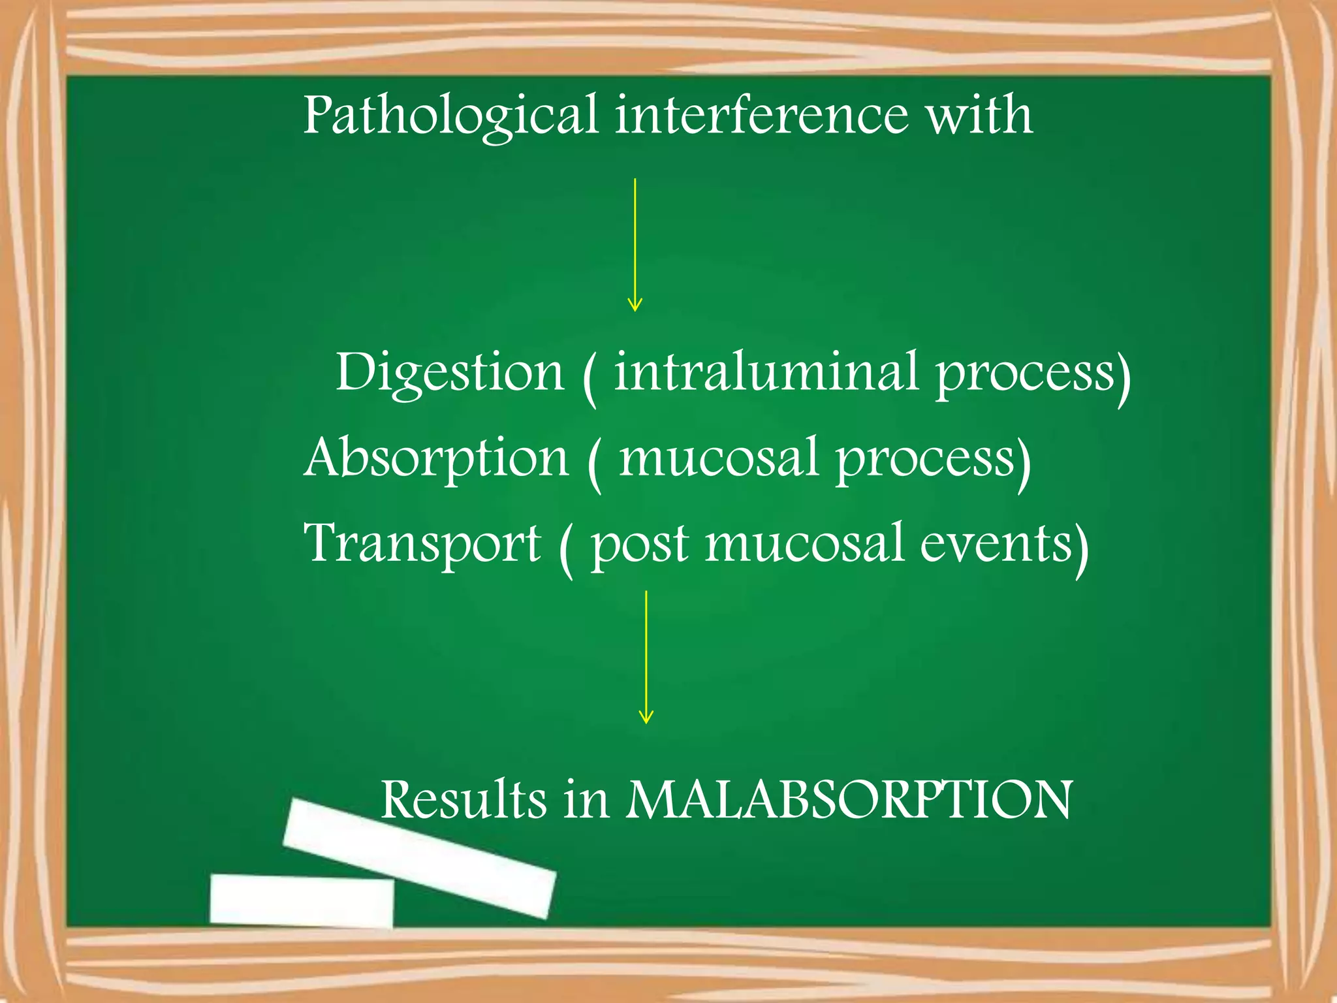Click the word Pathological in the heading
450,116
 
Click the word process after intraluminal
1025,375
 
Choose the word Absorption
436,458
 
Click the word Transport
422,544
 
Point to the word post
639,545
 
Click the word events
996,543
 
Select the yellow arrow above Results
646,657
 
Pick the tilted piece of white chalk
419,857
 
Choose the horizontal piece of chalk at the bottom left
302,900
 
